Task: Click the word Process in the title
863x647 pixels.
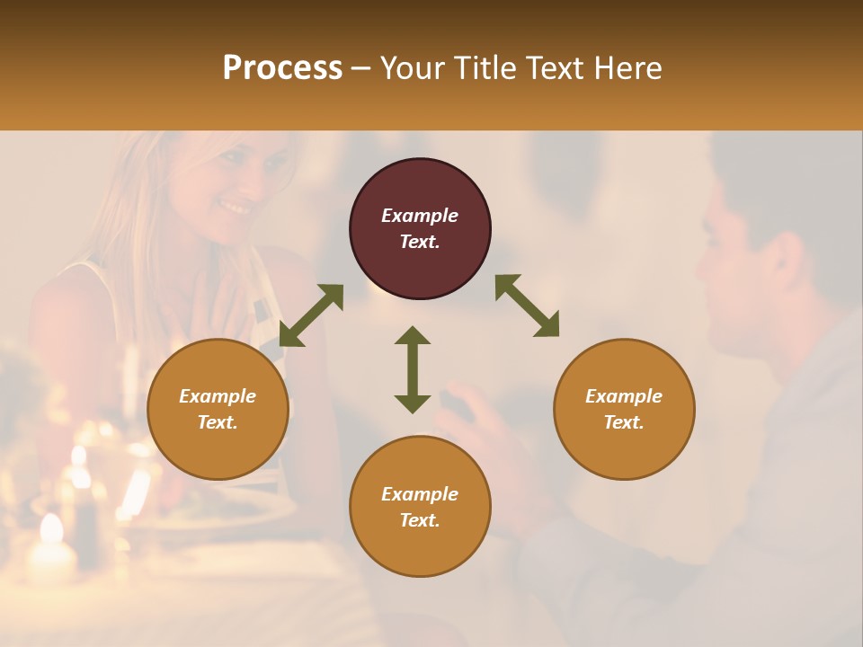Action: pos(282,68)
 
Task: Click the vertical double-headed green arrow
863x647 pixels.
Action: pos(413,369)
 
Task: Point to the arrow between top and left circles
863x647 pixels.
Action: pos(311,315)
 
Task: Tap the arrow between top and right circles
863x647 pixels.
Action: pos(527,306)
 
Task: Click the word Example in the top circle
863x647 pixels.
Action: pos(420,216)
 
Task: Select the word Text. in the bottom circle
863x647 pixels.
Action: pos(420,520)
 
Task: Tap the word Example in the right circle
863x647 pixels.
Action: pos(624,396)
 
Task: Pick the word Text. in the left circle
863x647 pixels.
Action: pos(218,422)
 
